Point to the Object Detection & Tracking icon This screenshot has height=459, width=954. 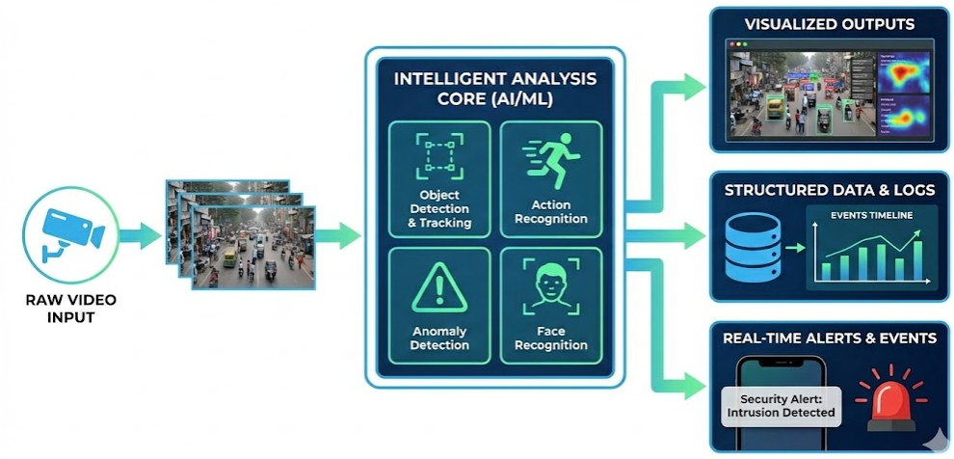coord(437,156)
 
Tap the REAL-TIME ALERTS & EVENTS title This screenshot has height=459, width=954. coord(829,338)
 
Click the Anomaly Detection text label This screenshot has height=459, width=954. coord(439,338)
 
